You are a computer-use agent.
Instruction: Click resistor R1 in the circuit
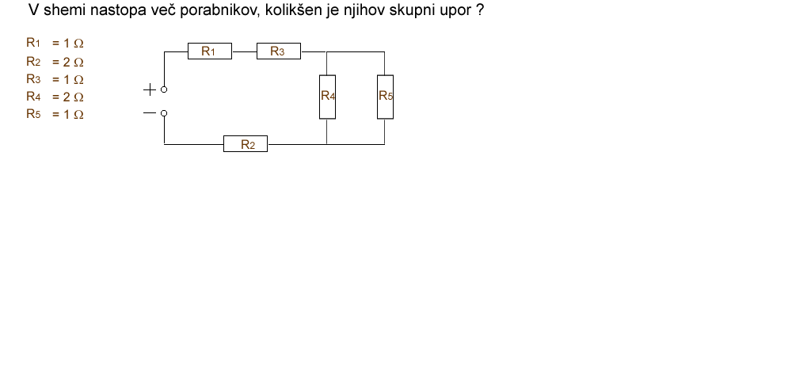tap(209, 51)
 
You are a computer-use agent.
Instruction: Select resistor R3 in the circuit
tap(278, 51)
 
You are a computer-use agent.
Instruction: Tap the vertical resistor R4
tap(328, 96)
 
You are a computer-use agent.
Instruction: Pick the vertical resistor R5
tap(385, 96)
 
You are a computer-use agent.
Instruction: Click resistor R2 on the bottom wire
tap(246, 144)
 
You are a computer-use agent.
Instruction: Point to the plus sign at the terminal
tap(149, 90)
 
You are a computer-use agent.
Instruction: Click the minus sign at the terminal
tap(149, 113)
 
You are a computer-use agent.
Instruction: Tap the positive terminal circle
tap(164, 90)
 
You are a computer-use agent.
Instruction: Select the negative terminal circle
tap(164, 113)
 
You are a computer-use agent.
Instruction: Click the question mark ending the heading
tap(480, 12)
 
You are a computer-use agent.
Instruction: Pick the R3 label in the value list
tap(33, 79)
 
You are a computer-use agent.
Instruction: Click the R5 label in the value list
tap(33, 114)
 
